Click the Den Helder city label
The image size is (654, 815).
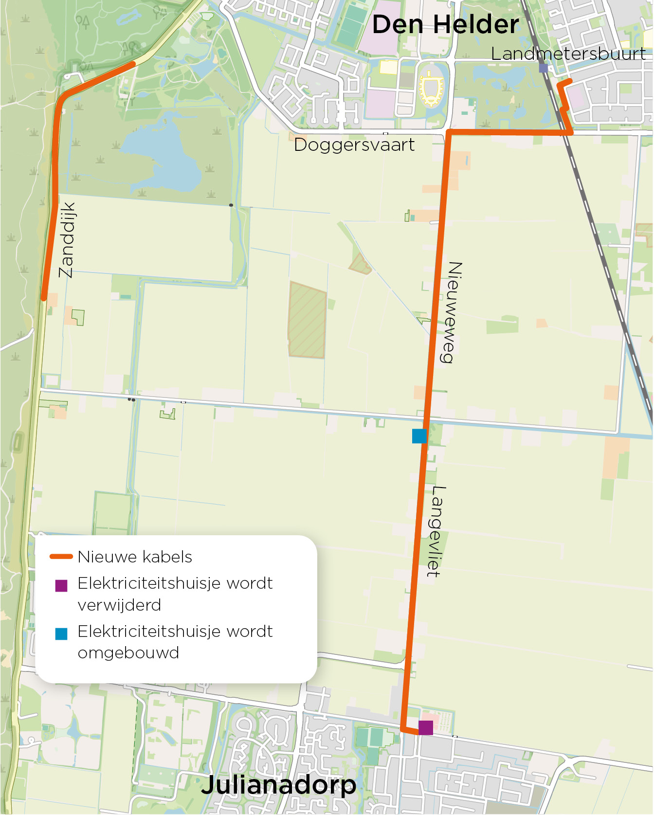pos(445,24)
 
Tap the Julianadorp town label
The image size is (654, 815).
pos(278,784)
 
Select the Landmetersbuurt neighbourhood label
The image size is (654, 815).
pos(568,54)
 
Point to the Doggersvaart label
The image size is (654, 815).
pos(354,145)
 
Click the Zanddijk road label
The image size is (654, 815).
pos(67,240)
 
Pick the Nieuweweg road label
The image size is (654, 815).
pos(452,312)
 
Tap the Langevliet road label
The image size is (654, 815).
pos(436,531)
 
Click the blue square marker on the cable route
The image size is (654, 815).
pos(419,436)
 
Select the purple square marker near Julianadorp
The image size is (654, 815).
pos(426,727)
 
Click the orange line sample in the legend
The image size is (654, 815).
pos(61,557)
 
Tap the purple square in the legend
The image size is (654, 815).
pos(61,585)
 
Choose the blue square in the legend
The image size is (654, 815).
pos(61,634)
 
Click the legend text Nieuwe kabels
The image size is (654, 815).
pos(135,557)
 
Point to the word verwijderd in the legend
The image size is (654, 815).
pos(119,605)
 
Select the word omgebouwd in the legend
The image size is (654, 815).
pos(128,652)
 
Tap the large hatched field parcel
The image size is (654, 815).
pos(307,320)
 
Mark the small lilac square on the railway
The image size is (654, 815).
pos(544,68)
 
